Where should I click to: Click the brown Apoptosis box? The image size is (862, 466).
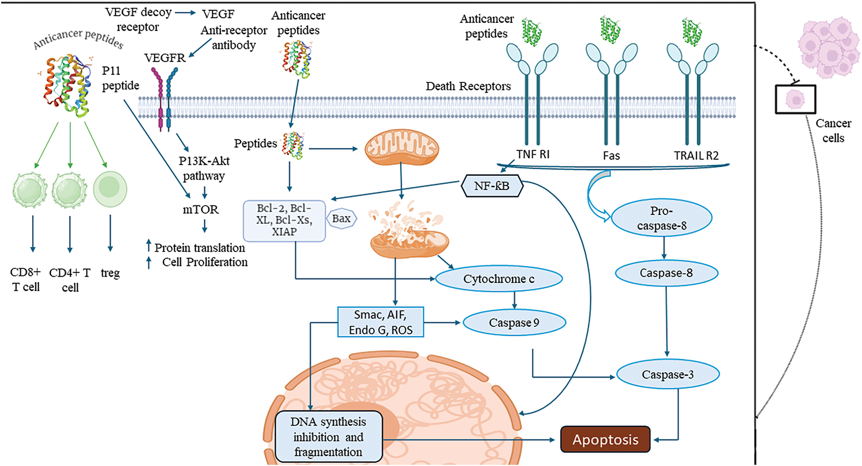pyautogui.click(x=605, y=439)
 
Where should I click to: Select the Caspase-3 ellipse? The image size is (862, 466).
pyautogui.click(x=667, y=375)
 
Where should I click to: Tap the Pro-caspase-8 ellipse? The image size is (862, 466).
pyautogui.click(x=662, y=218)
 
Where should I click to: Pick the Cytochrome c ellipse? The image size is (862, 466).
pyautogui.click(x=499, y=279)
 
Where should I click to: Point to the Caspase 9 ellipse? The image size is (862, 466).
pyautogui.click(x=514, y=323)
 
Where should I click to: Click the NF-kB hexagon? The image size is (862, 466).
pyautogui.click(x=492, y=186)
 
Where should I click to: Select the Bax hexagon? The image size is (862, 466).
pyautogui.click(x=342, y=219)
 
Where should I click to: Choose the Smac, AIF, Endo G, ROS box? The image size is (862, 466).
pyautogui.click(x=381, y=322)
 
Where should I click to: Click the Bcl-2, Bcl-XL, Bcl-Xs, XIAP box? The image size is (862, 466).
pyautogui.click(x=284, y=220)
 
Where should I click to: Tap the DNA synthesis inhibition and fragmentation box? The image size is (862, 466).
pyautogui.click(x=329, y=437)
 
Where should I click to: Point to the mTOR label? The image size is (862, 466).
pyautogui.click(x=200, y=209)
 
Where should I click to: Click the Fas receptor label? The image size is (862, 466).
pyautogui.click(x=611, y=156)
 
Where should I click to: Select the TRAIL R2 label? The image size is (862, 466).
pyautogui.click(x=696, y=156)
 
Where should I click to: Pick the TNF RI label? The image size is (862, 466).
pyautogui.click(x=533, y=154)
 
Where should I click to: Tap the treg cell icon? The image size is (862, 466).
pyautogui.click(x=110, y=189)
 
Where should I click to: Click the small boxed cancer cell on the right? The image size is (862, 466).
pyautogui.click(x=795, y=99)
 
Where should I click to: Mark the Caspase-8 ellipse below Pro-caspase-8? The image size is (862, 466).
pyautogui.click(x=666, y=273)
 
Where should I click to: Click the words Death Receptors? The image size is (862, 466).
pyautogui.click(x=468, y=86)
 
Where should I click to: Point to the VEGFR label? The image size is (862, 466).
pyautogui.click(x=165, y=58)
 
